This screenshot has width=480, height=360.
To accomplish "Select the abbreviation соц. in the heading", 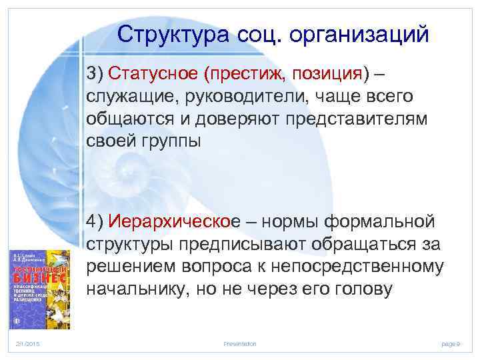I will (x=261, y=34).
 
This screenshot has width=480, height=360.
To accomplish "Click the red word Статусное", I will (x=154, y=71).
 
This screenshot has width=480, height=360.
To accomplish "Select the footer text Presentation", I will (x=240, y=343).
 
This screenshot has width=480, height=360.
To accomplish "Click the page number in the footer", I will (x=451, y=343).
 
